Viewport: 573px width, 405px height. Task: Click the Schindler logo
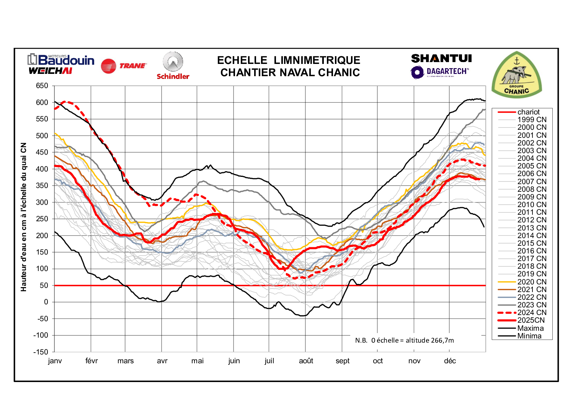[x=173, y=66]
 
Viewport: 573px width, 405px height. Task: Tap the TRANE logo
[x=124, y=66]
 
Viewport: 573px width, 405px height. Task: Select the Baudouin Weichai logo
[x=61, y=64]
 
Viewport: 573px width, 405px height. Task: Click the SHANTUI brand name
[x=441, y=59]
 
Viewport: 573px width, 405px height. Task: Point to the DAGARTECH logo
[x=439, y=72]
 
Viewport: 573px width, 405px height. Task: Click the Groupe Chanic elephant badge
[x=516, y=75]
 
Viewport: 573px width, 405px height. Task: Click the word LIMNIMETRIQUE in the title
[x=317, y=60]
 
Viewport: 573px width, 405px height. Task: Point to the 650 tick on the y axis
[x=42, y=86]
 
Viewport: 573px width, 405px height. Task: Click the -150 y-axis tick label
[x=41, y=352]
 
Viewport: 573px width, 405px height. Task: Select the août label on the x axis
[x=306, y=361]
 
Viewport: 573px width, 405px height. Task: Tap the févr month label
[x=91, y=361]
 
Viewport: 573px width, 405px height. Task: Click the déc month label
[x=450, y=361]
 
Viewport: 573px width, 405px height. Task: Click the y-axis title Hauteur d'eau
[x=24, y=217]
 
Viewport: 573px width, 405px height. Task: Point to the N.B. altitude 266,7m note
[x=404, y=340]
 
